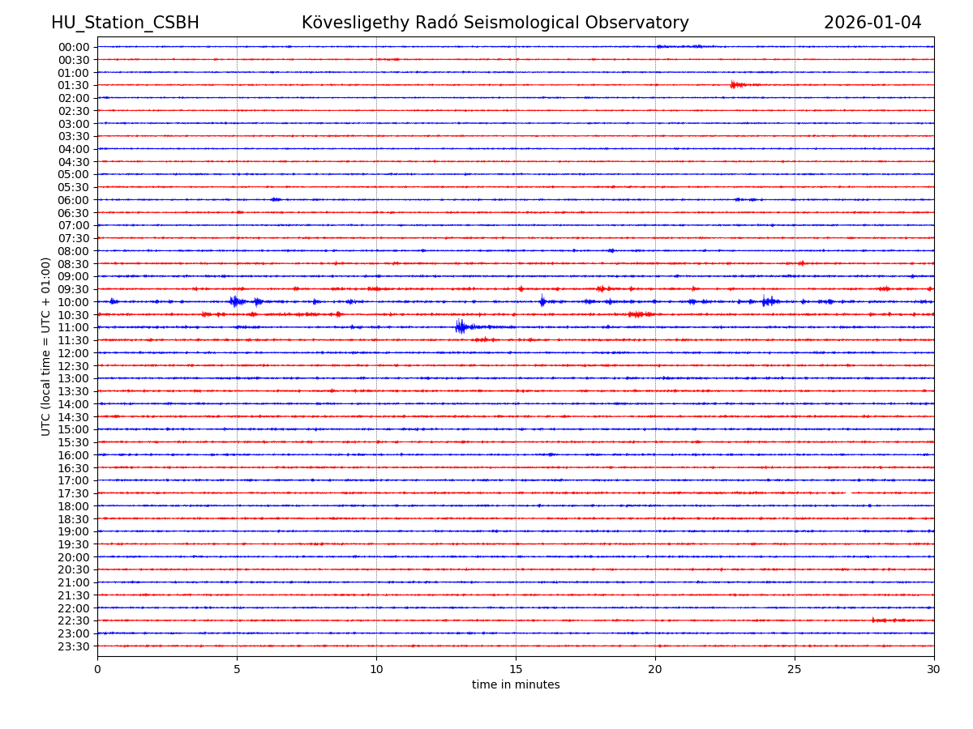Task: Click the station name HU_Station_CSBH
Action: click(125, 23)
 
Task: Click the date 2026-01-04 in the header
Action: click(872, 23)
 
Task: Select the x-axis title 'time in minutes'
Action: click(516, 684)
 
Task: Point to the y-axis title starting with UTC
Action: click(46, 346)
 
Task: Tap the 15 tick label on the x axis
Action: click(516, 669)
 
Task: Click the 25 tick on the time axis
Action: click(795, 669)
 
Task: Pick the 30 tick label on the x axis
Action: click(934, 669)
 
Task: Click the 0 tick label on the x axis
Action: click(97, 669)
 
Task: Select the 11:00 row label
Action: click(74, 327)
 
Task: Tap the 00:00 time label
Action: click(74, 47)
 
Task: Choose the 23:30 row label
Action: click(74, 646)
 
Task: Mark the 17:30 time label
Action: click(74, 493)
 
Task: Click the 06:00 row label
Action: click(74, 200)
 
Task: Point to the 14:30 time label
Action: click(74, 416)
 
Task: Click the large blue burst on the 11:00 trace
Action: click(461, 326)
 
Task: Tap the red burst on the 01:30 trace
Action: click(734, 84)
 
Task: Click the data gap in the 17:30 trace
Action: click(847, 492)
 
